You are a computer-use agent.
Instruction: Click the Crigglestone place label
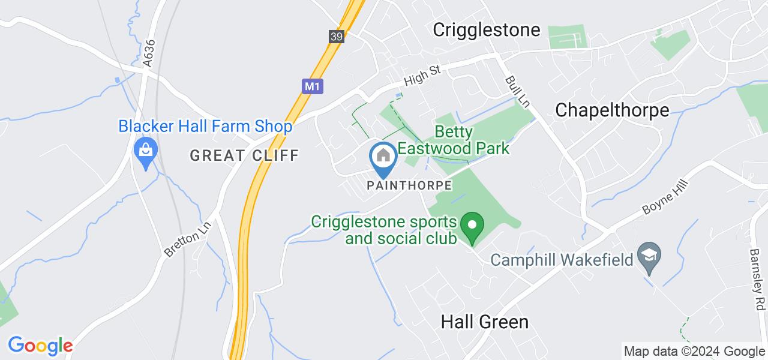pyautogui.click(x=487, y=30)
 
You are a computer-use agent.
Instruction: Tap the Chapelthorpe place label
pyautogui.click(x=612, y=110)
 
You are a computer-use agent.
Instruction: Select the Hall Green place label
pyautogui.click(x=485, y=322)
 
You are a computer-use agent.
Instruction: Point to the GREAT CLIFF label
pyautogui.click(x=244, y=155)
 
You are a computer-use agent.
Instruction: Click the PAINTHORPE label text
pyautogui.click(x=409, y=185)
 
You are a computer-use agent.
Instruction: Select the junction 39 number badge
pyautogui.click(x=337, y=37)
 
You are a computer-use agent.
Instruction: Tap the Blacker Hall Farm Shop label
pyautogui.click(x=205, y=127)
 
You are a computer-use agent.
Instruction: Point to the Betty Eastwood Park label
pyautogui.click(x=471, y=140)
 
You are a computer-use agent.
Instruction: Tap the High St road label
pyautogui.click(x=422, y=76)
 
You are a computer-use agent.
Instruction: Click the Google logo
pyautogui.click(x=40, y=346)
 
